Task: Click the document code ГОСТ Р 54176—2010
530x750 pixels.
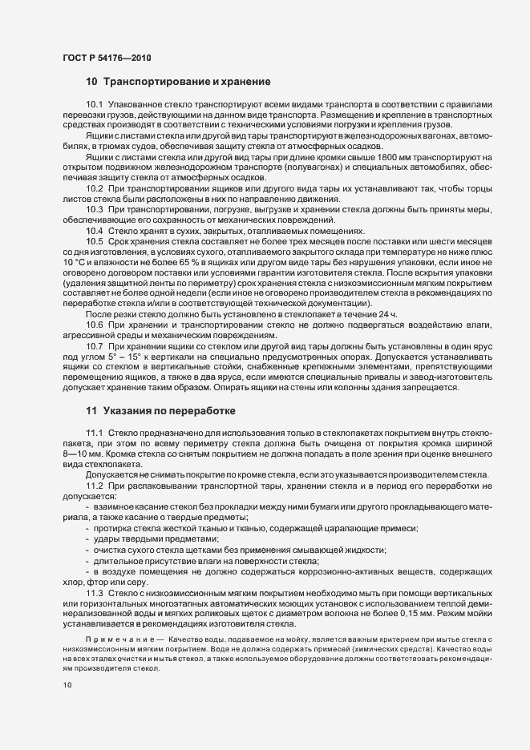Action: [106, 57]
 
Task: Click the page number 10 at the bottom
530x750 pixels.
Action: [67, 685]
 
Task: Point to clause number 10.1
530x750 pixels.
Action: [95, 105]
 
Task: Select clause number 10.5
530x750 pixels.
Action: [95, 241]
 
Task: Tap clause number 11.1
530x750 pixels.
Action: [95, 433]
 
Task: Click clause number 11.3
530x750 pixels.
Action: [95, 571]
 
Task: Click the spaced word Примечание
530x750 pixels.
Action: [120, 615]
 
